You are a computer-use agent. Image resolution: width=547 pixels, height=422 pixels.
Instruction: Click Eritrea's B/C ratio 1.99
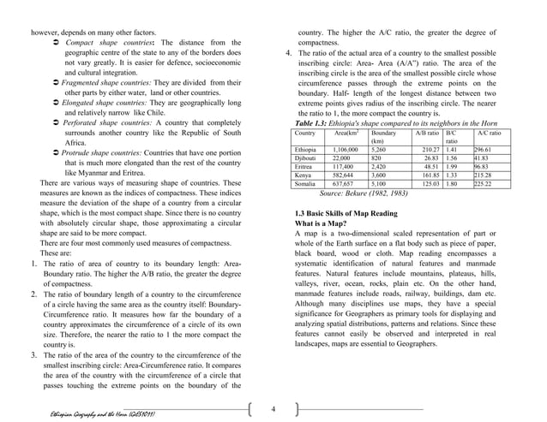click(x=454, y=167)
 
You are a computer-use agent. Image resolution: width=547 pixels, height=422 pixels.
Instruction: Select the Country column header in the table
click(x=304, y=134)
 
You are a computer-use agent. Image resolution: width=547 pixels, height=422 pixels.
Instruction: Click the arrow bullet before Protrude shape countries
click(x=57, y=152)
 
